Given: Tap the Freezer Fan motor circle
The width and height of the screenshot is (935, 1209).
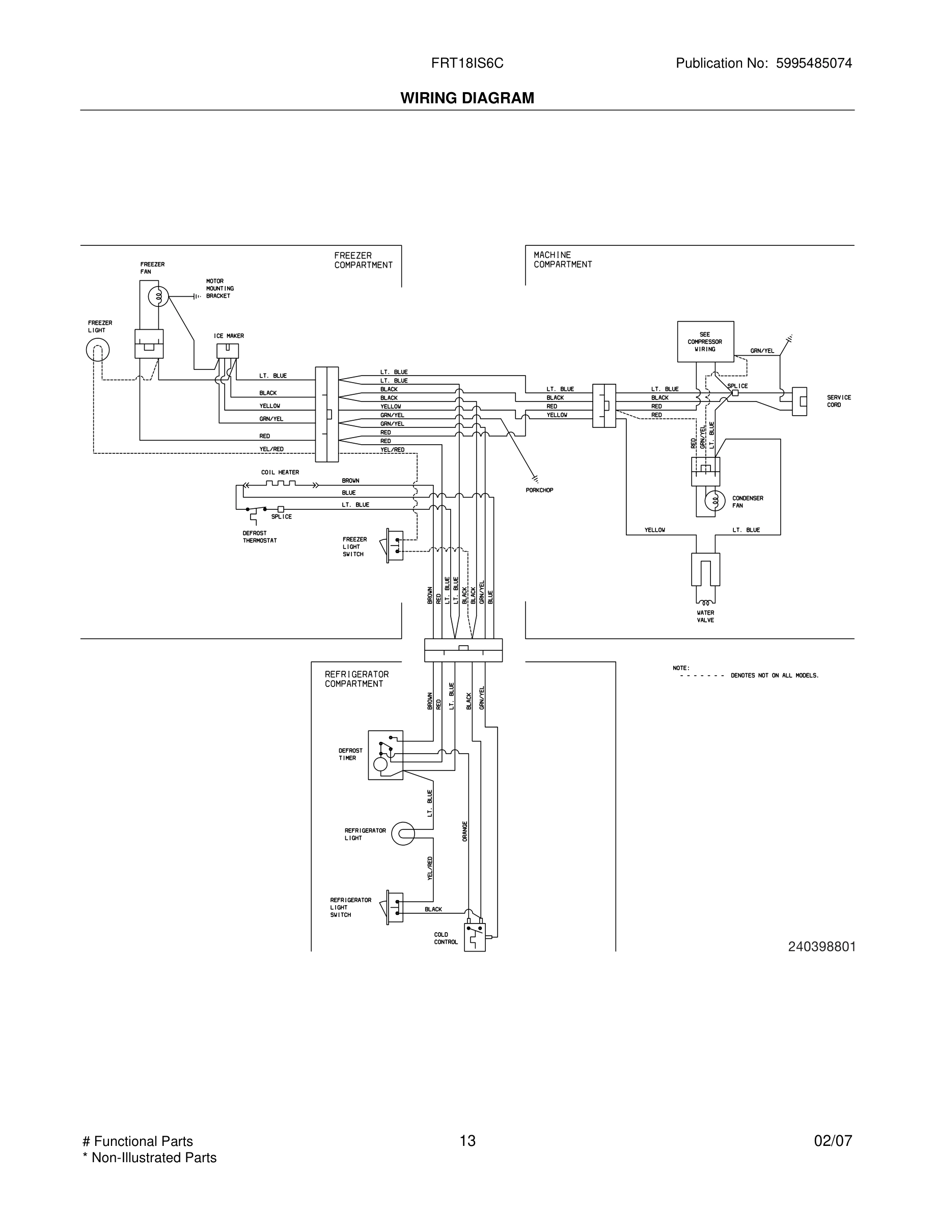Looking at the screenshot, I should pos(158,297).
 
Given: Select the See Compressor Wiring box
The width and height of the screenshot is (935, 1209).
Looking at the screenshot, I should pos(705,341).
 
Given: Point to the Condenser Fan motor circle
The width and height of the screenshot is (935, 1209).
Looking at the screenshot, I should pos(714,501).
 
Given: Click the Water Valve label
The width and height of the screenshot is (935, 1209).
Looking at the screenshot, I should pos(705,616).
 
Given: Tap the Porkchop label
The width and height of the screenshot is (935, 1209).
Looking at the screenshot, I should pos(539,490).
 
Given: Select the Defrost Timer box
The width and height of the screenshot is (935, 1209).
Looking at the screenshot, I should pos(385,755).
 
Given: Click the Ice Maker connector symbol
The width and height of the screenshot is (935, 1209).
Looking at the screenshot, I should pos(228,351).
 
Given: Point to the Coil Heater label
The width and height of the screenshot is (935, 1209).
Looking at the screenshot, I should pos(280,472).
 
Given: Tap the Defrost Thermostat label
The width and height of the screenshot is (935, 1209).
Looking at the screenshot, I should pos(259,536).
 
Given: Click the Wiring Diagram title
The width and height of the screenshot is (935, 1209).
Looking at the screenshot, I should pos(467,98).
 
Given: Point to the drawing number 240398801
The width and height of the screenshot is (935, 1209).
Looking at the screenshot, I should pos(821,946).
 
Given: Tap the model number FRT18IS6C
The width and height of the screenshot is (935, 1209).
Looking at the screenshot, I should pos(467,63).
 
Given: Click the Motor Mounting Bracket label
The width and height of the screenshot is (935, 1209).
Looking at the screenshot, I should pos(220,289).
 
